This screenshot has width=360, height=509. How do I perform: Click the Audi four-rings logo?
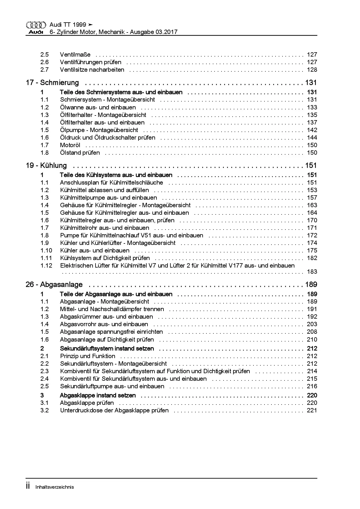(36, 25)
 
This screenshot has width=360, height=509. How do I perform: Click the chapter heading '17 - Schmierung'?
(52, 83)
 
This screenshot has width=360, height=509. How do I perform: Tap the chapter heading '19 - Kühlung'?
(46, 165)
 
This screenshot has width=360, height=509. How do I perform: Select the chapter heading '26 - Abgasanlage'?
(54, 284)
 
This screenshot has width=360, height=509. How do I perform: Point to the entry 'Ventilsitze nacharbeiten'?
(92, 70)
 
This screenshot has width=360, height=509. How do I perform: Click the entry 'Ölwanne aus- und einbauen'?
(98, 107)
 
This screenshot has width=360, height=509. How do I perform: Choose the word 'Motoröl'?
(70, 145)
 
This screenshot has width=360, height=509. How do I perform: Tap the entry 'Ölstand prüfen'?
(80, 153)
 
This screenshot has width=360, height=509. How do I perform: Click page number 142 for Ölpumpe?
(312, 130)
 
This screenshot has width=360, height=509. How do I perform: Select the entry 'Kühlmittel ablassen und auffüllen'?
(105, 190)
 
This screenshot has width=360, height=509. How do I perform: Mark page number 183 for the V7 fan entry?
(312, 272)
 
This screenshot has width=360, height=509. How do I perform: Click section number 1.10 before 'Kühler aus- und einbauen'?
(46, 250)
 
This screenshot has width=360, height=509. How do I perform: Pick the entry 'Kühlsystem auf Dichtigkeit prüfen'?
(105, 258)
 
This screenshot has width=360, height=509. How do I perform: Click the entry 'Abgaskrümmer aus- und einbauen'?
(106, 317)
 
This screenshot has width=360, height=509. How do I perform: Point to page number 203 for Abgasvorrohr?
(312, 324)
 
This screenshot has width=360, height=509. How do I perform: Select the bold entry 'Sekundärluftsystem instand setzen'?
(107, 349)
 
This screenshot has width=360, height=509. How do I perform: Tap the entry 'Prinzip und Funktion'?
(88, 356)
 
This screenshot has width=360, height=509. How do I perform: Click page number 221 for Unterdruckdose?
(312, 410)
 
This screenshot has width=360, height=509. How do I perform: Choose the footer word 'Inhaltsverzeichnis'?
(55, 487)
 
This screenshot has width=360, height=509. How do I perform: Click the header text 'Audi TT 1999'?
(68, 25)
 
